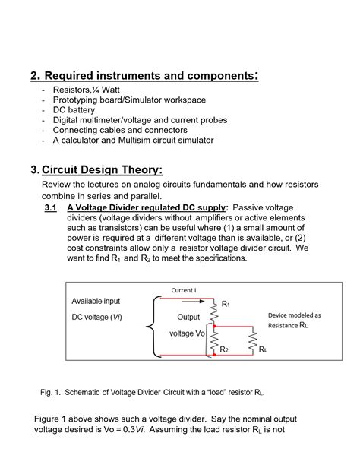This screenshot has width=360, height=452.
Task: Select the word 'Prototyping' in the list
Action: tap(77, 100)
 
